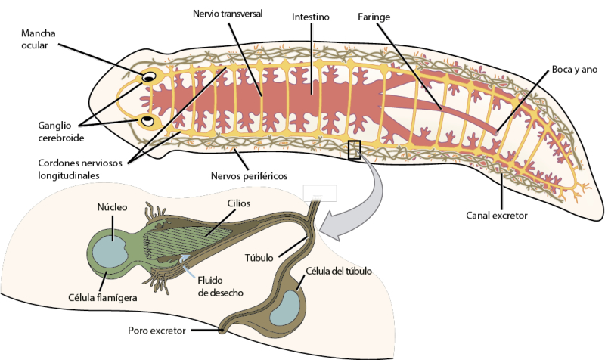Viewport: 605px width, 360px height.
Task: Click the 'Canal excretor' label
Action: tap(496, 215)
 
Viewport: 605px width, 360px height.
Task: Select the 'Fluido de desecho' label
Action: tap(220, 287)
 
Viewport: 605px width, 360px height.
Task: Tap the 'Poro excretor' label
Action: tap(160, 331)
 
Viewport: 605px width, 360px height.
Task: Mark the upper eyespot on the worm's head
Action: tap(149, 76)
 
